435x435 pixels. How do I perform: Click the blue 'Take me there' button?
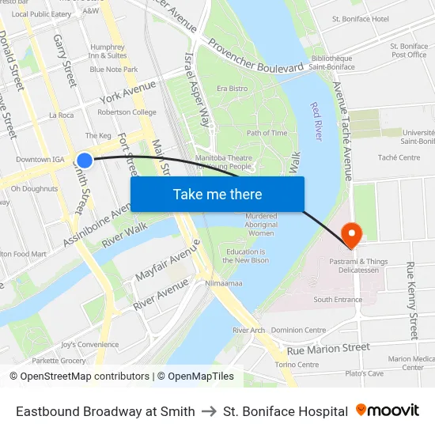pos(217,194)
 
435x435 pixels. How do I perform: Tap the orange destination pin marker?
pos(350,233)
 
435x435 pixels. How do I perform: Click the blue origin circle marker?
pos(85,161)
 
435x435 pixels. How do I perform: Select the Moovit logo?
pos(388,410)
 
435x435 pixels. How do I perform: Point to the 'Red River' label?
pos(317,120)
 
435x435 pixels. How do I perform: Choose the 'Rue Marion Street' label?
pos(328,349)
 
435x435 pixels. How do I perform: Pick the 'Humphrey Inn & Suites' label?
pos(108,51)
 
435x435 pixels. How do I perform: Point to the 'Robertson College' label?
pos(127,112)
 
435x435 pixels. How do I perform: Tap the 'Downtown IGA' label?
pos(40,159)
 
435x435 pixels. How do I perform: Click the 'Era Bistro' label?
pos(232,89)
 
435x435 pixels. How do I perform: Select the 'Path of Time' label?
pos(267,133)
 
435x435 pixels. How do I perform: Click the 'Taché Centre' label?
pos(399,157)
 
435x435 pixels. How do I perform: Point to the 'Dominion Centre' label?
pos(298,330)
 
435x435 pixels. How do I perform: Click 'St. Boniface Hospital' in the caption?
pos(286,411)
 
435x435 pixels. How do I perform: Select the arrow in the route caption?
pos(209,411)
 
